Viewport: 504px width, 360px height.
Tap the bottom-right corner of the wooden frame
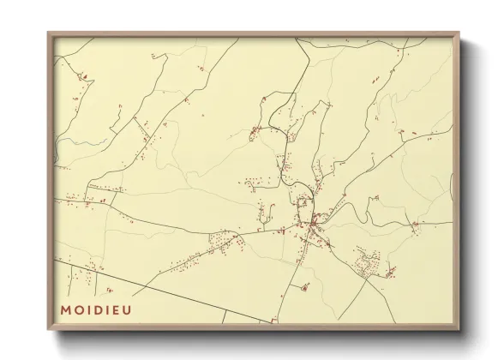coord(459,329)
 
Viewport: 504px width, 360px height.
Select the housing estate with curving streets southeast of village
coord(370,259)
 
